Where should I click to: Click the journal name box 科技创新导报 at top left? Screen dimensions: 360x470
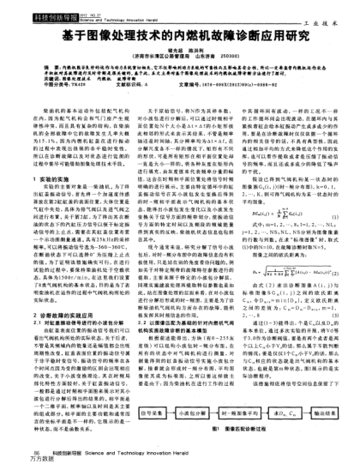point(33,8)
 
